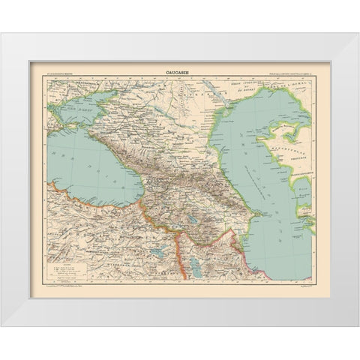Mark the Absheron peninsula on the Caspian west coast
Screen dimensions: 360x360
258,212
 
